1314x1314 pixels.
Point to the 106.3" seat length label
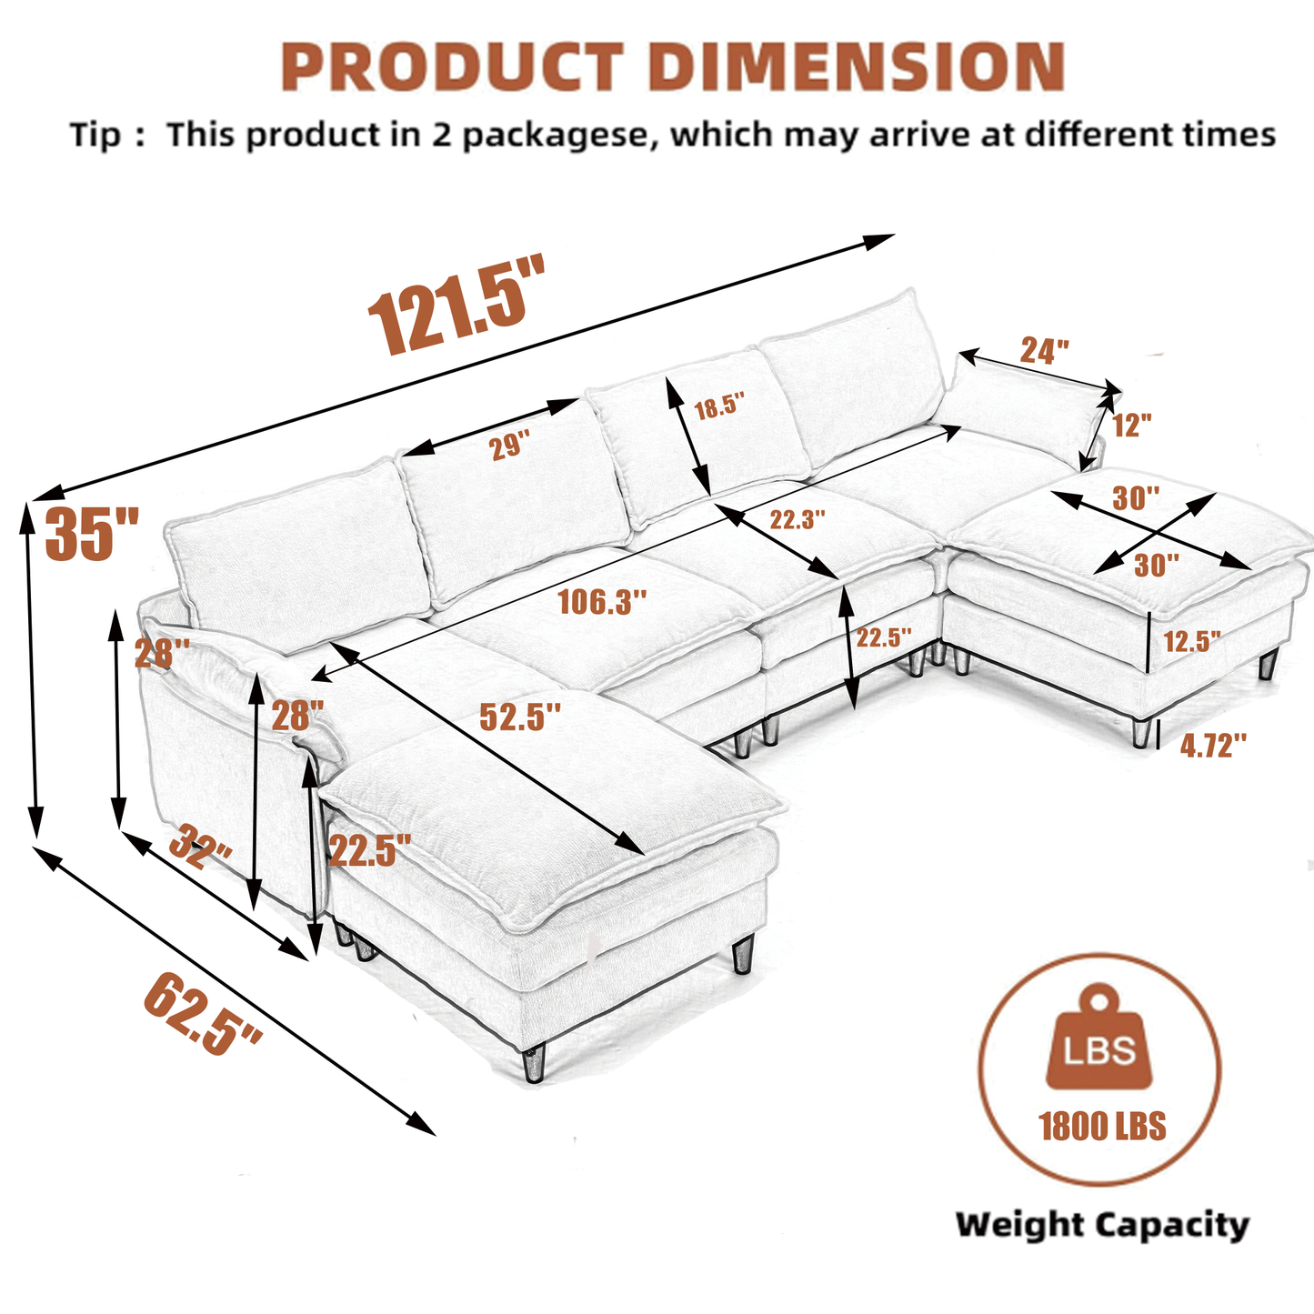pos(602,601)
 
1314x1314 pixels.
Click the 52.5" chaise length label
pos(520,717)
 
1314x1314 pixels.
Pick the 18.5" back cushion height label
pos(719,406)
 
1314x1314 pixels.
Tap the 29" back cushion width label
pos(510,446)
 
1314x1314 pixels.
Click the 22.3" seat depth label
pos(797,520)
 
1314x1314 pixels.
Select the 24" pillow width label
pos(1044,350)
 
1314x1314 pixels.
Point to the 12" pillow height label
pos(1132,424)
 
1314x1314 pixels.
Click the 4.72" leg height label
pos(1212,746)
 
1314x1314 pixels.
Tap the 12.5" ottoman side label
pos(1192,641)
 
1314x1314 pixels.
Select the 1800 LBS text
pos(1102,1127)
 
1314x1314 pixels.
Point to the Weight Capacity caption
pos(1102,1225)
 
